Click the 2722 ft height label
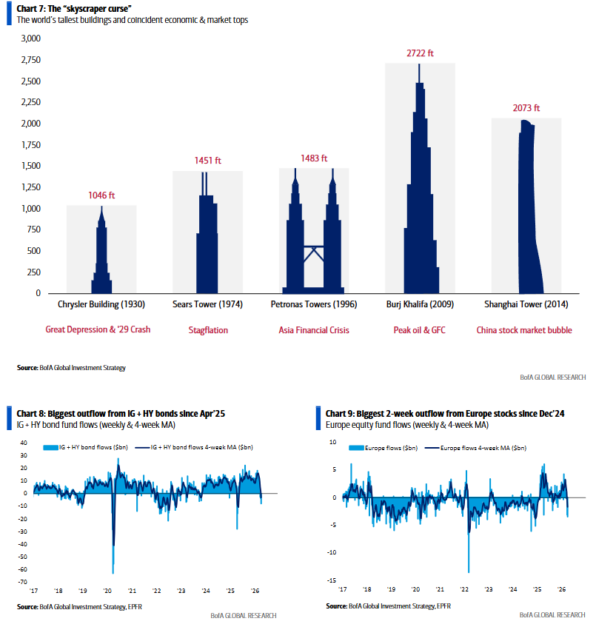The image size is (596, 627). click(x=420, y=53)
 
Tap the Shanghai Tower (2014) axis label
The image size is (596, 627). click(x=526, y=304)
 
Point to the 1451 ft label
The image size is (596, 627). click(x=207, y=161)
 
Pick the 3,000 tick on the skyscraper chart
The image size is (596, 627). click(x=30, y=38)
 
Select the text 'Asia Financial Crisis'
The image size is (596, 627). click(x=314, y=330)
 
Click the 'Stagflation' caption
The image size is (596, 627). click(x=207, y=330)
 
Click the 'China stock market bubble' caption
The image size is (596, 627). click(x=524, y=330)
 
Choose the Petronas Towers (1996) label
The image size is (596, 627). click(x=314, y=304)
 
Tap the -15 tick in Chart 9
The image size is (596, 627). click(x=332, y=580)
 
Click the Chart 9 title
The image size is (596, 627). click(x=445, y=413)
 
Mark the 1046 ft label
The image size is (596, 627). click(x=101, y=195)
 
